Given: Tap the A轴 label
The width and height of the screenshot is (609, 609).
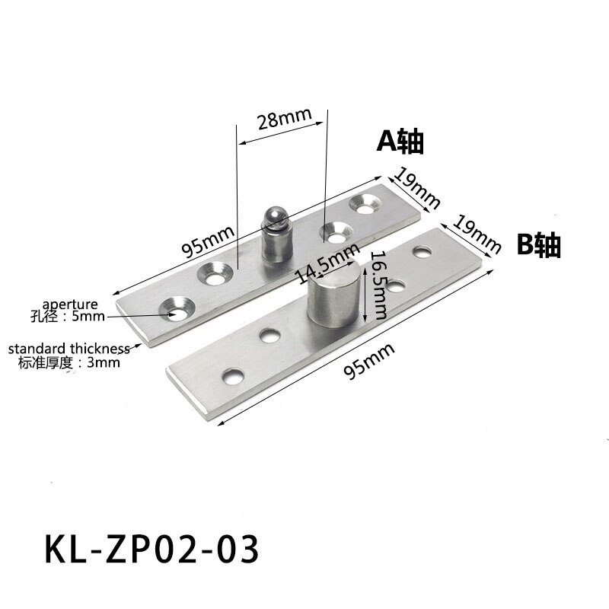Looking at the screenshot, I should click(x=400, y=141).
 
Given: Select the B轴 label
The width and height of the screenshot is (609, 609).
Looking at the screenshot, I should click(x=538, y=245).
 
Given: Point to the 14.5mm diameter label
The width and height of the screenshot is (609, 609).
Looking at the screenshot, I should click(x=328, y=260).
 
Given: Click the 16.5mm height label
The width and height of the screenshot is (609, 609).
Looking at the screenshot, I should click(x=377, y=284).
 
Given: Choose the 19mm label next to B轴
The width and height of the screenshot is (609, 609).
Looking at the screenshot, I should click(x=477, y=233).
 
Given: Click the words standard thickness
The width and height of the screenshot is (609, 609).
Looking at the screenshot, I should click(x=69, y=349).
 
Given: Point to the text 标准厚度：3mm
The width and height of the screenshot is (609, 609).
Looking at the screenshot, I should click(x=69, y=362).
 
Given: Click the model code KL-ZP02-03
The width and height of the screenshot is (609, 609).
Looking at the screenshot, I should click(x=149, y=549).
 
